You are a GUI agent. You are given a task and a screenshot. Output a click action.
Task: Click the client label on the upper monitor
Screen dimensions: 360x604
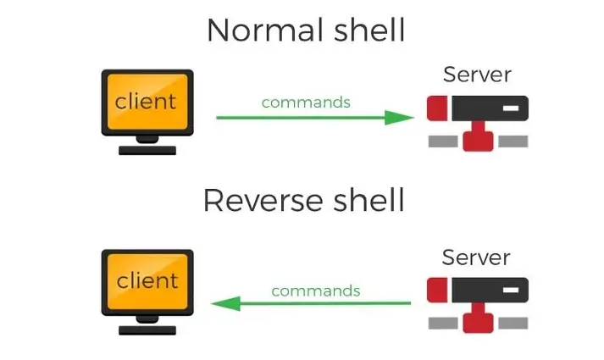point(147,102)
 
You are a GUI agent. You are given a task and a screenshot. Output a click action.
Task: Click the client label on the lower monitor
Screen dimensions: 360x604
point(147,280)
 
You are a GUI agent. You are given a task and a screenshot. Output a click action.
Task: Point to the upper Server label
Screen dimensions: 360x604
point(477,75)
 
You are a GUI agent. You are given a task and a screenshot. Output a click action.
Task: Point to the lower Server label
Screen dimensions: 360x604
point(477,257)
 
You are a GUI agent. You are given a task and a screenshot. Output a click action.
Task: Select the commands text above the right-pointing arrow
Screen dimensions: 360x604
point(306,102)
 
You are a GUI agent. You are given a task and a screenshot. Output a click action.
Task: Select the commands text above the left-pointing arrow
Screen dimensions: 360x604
point(316,291)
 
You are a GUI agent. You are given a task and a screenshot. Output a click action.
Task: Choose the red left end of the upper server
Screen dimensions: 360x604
point(437,108)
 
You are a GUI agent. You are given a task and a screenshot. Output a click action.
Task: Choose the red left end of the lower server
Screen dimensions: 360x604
point(437,291)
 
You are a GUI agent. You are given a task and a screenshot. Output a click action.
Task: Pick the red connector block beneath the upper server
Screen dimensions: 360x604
point(478,138)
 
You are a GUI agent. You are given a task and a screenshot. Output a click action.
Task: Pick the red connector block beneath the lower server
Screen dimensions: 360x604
point(478,320)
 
